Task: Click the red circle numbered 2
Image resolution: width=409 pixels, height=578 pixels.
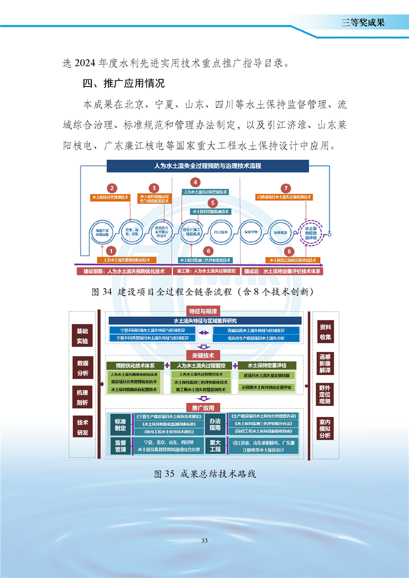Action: tap(112, 189)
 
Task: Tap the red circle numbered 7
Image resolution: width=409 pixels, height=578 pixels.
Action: tap(286, 189)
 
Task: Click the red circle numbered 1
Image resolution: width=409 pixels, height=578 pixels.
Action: tap(110, 251)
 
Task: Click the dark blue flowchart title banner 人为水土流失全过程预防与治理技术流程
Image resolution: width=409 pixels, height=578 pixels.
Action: tap(208, 166)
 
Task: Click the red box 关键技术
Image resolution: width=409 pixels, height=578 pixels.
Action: tap(204, 355)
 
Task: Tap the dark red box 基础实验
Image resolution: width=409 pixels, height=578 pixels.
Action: tap(83, 336)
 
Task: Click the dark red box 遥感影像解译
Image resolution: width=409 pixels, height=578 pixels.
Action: tap(325, 363)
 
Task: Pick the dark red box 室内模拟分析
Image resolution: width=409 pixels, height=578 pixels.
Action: tap(325, 428)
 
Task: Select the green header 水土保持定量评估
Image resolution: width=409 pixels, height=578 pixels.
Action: tap(267, 365)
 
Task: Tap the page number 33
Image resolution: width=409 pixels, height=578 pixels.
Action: tap(204, 540)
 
